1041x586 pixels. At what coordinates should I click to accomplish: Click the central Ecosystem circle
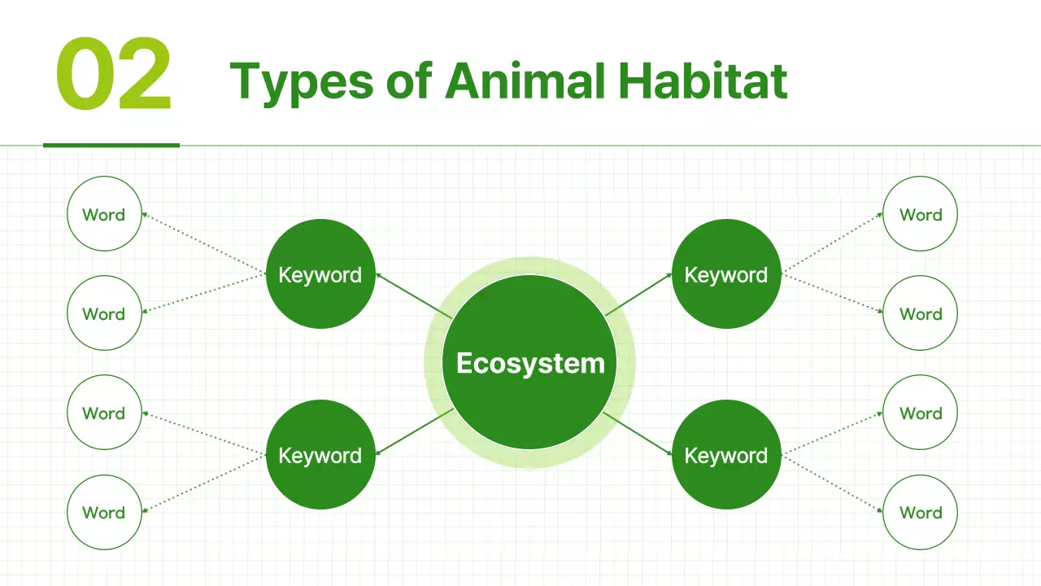[529, 362]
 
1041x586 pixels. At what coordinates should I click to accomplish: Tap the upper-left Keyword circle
[320, 274]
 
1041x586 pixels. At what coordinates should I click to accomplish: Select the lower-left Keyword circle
[320, 455]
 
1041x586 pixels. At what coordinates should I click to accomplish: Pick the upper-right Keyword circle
[726, 274]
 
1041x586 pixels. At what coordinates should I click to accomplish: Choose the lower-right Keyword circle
[726, 455]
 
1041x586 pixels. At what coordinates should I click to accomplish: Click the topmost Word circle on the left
[104, 215]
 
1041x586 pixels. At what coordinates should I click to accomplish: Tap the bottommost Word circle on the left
[104, 513]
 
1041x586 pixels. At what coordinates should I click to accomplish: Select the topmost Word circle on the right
[920, 215]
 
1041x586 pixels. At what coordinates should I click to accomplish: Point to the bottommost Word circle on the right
[920, 513]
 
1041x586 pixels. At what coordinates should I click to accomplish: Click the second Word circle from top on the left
[104, 314]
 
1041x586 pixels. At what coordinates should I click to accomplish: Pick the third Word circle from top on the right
[920, 413]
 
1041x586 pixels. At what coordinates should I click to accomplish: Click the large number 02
[114, 75]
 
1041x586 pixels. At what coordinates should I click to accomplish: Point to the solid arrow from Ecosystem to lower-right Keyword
[638, 433]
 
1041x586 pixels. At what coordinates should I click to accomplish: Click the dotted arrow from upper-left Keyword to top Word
[204, 243]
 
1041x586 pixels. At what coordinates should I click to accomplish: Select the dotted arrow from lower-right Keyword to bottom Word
[832, 483]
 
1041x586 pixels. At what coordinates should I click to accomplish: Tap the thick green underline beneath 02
[111, 146]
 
